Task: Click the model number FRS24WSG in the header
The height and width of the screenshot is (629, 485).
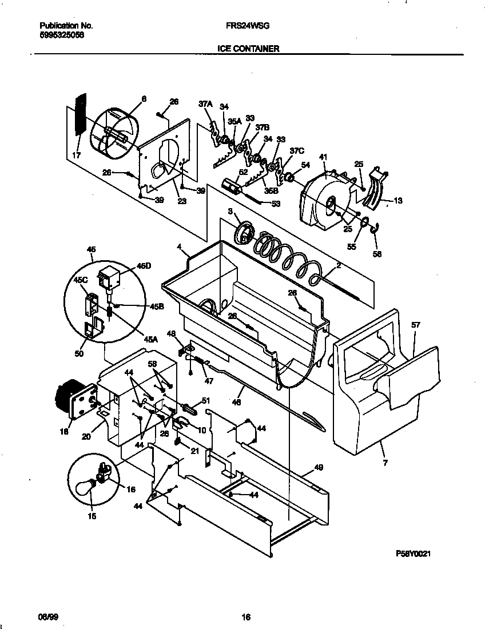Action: (247, 26)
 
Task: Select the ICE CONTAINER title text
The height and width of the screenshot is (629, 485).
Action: (248, 49)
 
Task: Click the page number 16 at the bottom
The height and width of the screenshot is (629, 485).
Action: (246, 617)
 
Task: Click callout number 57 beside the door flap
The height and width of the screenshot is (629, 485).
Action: (416, 325)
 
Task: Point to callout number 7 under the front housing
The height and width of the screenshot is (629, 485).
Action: (385, 463)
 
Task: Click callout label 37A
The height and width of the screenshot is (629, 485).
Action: (205, 104)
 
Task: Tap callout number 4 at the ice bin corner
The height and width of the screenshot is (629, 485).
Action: (179, 248)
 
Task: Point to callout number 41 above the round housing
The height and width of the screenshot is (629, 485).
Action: (323, 157)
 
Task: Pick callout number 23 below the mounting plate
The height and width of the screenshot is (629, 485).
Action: (182, 201)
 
